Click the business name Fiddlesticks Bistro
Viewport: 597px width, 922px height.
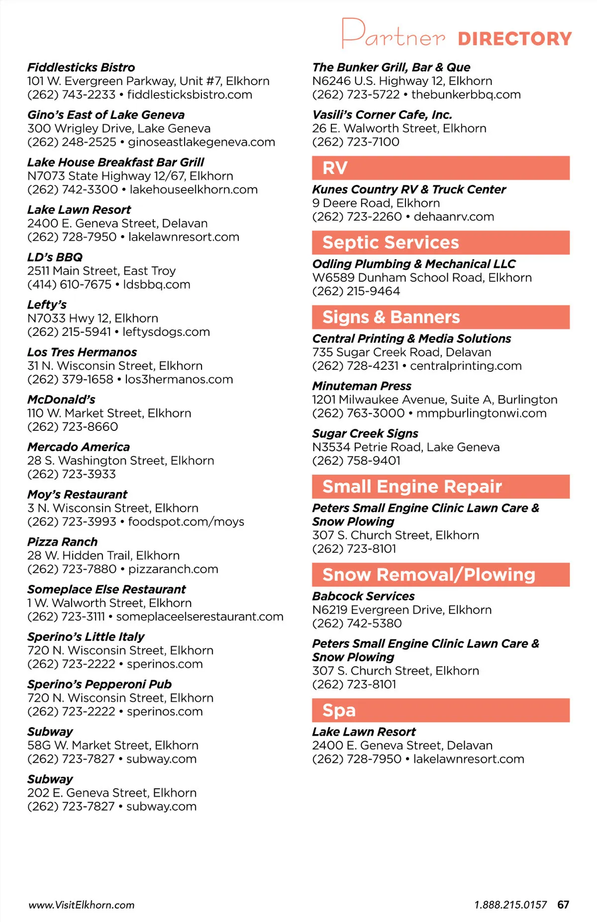click(x=81, y=68)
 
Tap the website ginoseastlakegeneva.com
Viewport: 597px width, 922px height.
click(x=201, y=142)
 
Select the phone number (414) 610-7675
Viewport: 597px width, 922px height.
click(x=69, y=285)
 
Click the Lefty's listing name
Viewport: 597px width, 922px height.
click(x=47, y=305)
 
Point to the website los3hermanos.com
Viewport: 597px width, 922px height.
click(x=179, y=380)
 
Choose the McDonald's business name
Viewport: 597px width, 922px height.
click(x=61, y=400)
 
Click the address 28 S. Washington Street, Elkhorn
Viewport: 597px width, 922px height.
click(x=120, y=461)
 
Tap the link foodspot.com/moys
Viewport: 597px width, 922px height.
click(x=186, y=522)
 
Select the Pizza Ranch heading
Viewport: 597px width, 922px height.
click(x=62, y=542)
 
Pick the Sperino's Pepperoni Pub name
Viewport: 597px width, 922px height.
click(x=99, y=684)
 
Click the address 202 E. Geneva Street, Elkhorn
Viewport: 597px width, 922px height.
click(x=112, y=793)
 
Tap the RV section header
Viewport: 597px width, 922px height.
click(x=335, y=168)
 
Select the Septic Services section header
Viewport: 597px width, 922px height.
click(x=391, y=243)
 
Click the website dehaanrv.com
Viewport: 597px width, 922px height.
click(x=454, y=217)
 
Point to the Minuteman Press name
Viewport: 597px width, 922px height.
click(x=362, y=386)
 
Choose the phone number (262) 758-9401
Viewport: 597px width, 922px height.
click(x=356, y=461)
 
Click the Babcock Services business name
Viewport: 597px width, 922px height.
click(x=363, y=596)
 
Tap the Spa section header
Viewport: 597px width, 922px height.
click(x=339, y=710)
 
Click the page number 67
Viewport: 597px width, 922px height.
click(x=563, y=905)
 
